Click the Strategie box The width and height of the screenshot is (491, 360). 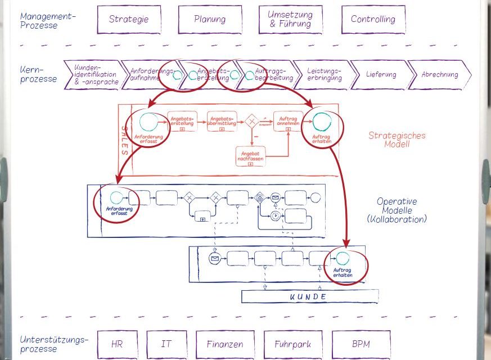coord(129,19)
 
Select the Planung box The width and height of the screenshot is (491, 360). coord(210,19)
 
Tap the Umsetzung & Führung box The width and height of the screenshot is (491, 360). coord(290,19)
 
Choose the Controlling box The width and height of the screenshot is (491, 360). coord(372,19)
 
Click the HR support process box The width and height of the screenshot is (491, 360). coord(116,344)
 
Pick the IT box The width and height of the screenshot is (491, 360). coord(166,344)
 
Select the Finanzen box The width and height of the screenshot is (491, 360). coord(224,344)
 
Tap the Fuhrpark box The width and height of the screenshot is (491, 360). coord(292,344)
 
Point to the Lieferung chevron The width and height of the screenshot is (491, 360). coord(381,75)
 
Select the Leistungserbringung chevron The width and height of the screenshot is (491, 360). coord(325,75)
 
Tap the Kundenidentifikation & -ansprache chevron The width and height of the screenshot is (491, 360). coord(93,75)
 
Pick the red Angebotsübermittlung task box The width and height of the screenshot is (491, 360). coord(221,122)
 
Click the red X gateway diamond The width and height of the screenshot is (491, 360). coord(253,121)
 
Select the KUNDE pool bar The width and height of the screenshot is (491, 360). coord(308,296)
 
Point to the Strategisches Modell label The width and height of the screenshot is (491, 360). coord(397,139)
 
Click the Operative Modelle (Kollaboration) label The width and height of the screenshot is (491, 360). coord(397,210)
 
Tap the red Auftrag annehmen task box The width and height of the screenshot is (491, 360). coord(289,121)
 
